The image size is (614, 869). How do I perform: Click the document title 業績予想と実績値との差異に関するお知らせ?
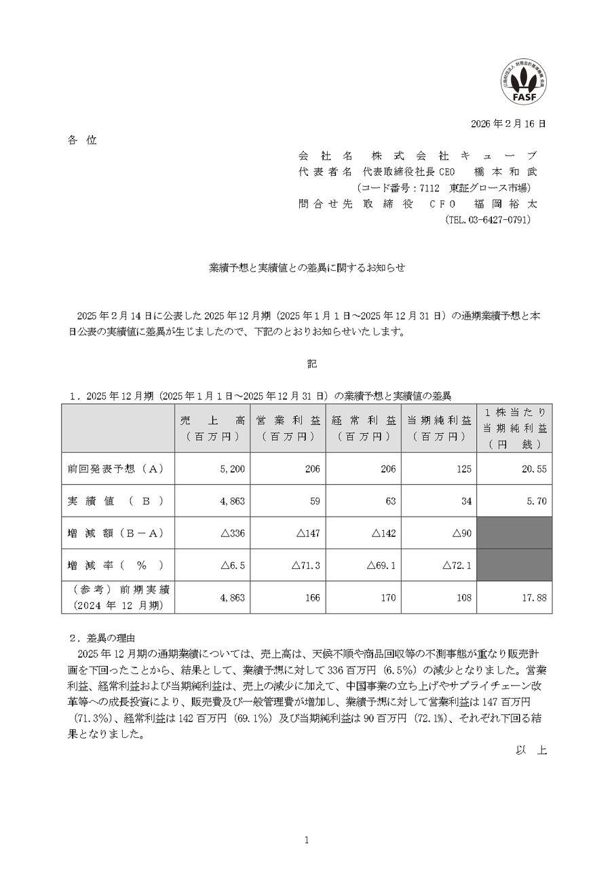click(307, 268)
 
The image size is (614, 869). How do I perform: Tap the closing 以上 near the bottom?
click(531, 750)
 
